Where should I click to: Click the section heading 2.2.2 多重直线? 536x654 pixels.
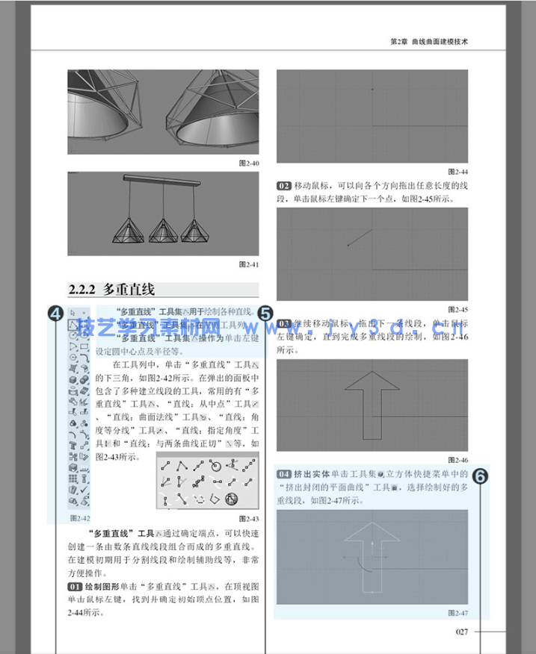point(111,290)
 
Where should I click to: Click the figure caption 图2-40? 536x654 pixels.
point(248,163)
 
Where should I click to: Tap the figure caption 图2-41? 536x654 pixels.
point(248,264)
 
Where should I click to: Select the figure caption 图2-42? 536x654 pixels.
point(80,517)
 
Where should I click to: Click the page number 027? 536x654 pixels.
point(461,632)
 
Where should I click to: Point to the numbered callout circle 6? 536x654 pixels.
point(481,476)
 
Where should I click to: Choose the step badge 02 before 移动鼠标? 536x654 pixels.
point(284,184)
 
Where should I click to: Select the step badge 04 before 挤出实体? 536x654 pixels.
point(284,474)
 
